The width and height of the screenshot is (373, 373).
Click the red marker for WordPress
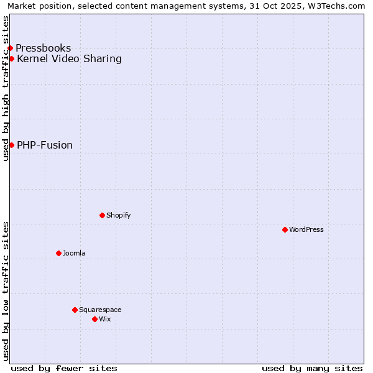pyautogui.click(x=285, y=229)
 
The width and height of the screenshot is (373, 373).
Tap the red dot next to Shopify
pyautogui.click(x=102, y=215)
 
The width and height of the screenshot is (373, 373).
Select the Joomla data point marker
pyautogui.click(x=58, y=253)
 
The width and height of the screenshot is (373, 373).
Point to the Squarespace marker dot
pyautogui.click(x=75, y=310)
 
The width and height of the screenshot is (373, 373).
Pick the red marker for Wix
pyautogui.click(x=94, y=319)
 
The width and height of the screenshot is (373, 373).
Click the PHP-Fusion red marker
pyautogui.click(x=11, y=145)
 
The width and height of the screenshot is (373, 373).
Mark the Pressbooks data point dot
pyautogui.click(x=10, y=48)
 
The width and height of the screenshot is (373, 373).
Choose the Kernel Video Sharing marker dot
pyautogui.click(x=11, y=58)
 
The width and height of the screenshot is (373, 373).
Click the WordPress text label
pyautogui.click(x=306, y=229)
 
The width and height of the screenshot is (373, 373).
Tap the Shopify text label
pyautogui.click(x=118, y=215)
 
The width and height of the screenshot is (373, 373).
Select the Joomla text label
pyautogui.click(x=74, y=253)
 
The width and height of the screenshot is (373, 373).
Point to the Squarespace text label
pyautogui.click(x=100, y=310)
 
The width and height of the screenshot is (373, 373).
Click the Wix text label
pyautogui.click(x=105, y=319)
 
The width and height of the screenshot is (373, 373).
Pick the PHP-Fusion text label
pyautogui.click(x=45, y=145)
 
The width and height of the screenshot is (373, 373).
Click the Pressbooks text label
pyautogui.click(x=44, y=48)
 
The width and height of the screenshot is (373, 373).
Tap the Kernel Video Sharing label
pyautogui.click(x=69, y=59)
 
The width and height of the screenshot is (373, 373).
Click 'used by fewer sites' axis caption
pyautogui.click(x=64, y=368)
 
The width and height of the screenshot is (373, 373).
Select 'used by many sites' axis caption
pyautogui.click(x=312, y=368)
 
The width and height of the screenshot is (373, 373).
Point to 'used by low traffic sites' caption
pyautogui.click(x=6, y=291)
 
